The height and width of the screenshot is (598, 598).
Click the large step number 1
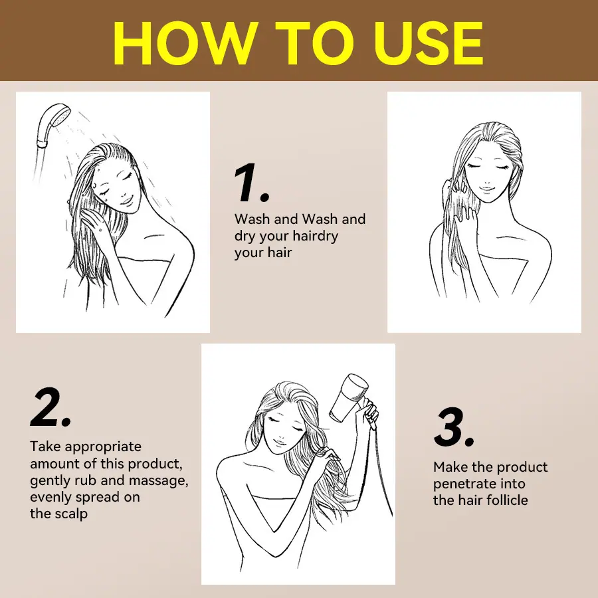tap(251, 183)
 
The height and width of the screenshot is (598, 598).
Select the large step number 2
tap(50, 407)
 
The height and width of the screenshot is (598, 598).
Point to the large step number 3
tap(454, 427)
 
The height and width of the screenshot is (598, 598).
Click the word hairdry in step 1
tap(314, 237)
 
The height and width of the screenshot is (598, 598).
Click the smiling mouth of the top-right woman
tap(486, 189)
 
